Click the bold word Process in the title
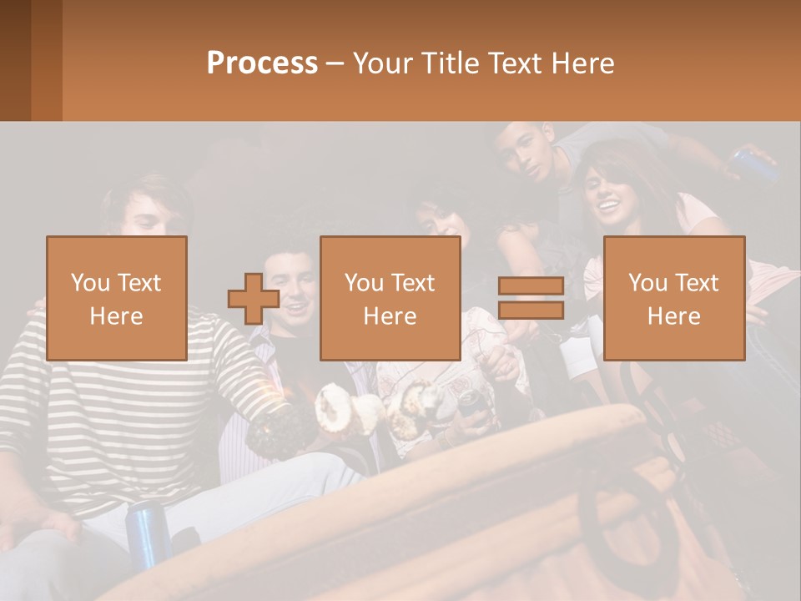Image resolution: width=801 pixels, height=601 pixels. click(262, 63)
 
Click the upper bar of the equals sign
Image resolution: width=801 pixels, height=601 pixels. click(531, 286)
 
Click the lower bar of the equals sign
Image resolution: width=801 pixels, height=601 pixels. click(531, 311)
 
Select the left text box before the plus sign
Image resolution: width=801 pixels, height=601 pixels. click(116, 298)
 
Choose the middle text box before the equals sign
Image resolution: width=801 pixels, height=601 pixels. click(390, 298)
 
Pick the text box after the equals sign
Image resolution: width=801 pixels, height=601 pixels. click(673, 298)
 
